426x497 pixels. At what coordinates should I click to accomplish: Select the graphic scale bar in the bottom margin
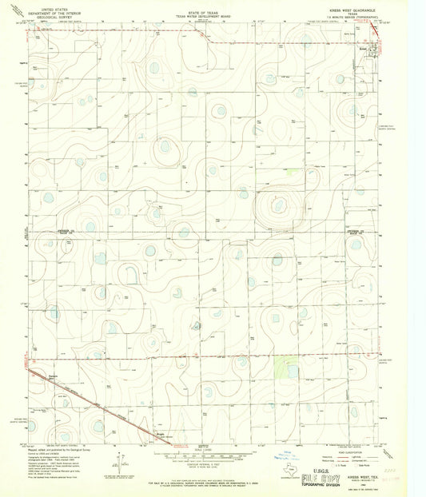205,452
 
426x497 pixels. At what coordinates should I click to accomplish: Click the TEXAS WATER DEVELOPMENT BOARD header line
206,18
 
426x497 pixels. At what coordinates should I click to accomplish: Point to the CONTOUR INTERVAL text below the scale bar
205,460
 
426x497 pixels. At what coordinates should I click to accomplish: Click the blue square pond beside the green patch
293,371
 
